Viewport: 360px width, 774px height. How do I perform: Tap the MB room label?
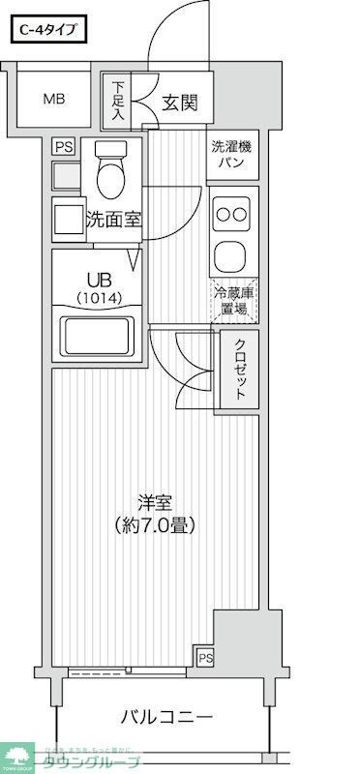pos(53,98)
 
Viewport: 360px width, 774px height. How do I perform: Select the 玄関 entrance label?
pos(180,101)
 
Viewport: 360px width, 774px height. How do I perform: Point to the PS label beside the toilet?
pos(64,147)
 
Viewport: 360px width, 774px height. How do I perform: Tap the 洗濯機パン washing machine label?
pos(232,155)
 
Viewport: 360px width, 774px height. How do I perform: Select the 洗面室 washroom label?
pos(113,219)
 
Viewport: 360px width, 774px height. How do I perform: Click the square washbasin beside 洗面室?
pos(68,219)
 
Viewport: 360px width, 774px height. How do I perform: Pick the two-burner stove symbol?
pos(232,214)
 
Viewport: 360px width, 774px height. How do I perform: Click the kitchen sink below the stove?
pos(232,256)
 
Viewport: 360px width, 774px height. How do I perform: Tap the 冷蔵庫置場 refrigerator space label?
pos(233,301)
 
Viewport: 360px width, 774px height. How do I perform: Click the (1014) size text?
pos(98,298)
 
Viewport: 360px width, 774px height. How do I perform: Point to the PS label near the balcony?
pos(204,658)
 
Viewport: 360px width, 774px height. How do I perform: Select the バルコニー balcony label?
pos(166,718)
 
